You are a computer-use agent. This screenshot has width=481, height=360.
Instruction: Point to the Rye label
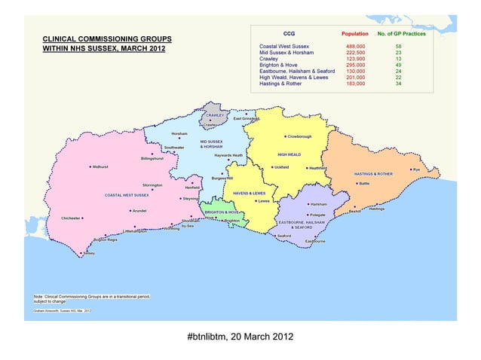click(x=415, y=169)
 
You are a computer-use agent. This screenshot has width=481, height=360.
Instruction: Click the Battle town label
click(x=364, y=183)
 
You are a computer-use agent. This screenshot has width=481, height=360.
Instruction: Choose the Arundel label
click(x=139, y=211)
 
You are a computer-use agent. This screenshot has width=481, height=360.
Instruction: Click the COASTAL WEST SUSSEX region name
click(x=127, y=195)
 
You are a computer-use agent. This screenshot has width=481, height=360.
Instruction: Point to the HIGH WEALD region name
click(x=289, y=154)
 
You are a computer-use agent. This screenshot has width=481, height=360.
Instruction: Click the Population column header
click(x=355, y=34)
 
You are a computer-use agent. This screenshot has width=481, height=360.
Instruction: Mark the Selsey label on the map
click(x=89, y=254)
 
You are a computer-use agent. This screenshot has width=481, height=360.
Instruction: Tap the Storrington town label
click(x=152, y=185)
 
